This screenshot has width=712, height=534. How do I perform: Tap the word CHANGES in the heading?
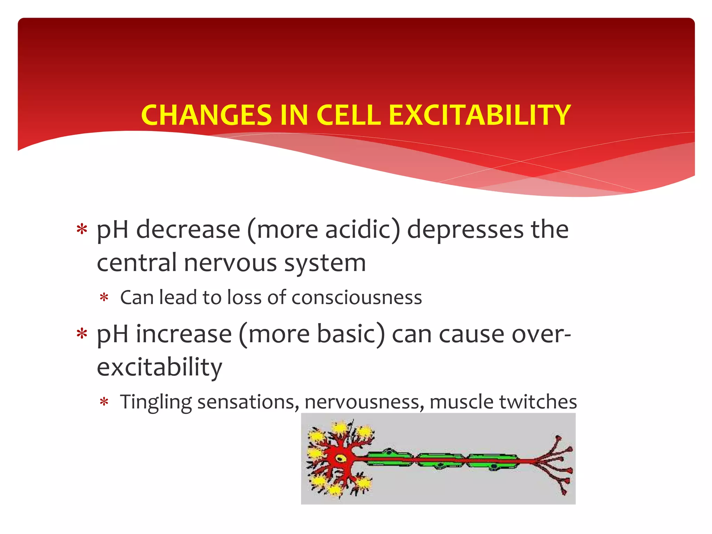(x=207, y=115)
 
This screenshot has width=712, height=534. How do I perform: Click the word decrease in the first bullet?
(x=188, y=230)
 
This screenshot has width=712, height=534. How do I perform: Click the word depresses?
(x=465, y=230)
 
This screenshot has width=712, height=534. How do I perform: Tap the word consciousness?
(x=357, y=298)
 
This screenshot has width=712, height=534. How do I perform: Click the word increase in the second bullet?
(x=184, y=334)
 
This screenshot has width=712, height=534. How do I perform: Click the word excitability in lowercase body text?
(x=159, y=367)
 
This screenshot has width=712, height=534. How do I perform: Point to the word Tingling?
(x=156, y=402)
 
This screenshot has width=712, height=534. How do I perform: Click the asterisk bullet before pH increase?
(x=82, y=334)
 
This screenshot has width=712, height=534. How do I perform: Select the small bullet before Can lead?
(x=104, y=298)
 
